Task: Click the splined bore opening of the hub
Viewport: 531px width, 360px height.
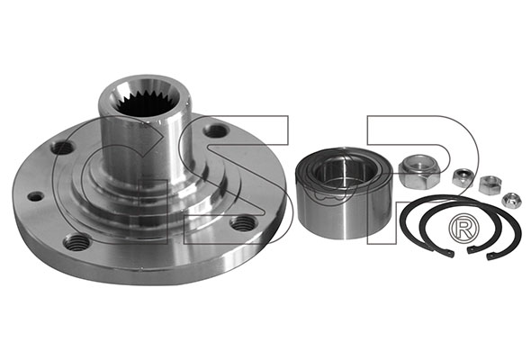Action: pos(145,98)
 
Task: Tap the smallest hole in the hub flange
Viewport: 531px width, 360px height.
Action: pos(36,196)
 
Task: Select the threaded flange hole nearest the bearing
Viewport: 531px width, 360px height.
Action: pos(242,223)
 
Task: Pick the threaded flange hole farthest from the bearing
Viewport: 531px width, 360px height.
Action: pos(76,242)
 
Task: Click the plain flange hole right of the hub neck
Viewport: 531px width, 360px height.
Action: pos(215,130)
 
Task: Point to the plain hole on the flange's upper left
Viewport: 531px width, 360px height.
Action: pos(62,148)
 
